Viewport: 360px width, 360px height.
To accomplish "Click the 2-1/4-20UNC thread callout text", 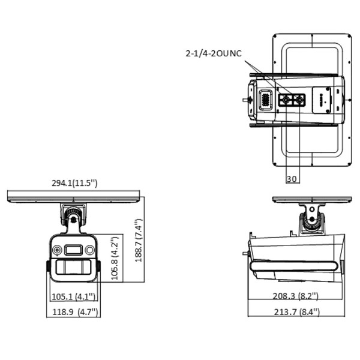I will click(213, 54).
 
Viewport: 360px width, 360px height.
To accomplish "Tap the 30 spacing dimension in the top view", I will click(292, 179).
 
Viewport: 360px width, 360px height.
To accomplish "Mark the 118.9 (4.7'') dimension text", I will click(73, 311).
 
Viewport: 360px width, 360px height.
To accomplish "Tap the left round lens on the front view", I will click(58, 250).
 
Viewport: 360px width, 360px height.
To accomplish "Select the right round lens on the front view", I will click(90, 250).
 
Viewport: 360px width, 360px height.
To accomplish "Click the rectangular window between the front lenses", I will click(74, 250).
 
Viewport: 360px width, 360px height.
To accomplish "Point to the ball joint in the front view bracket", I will click(73, 214).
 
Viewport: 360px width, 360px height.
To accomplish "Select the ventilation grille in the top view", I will click(263, 100).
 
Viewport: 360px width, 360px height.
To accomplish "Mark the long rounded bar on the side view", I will click(294, 265).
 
